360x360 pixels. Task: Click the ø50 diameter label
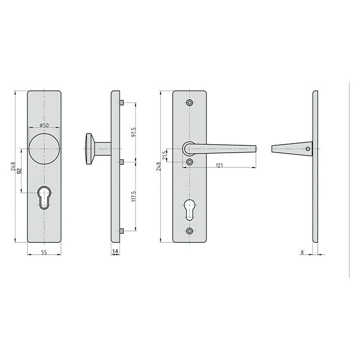click(44, 126)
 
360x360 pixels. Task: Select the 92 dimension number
click(20, 171)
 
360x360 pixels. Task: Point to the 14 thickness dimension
click(115, 252)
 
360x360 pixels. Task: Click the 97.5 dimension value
click(133, 132)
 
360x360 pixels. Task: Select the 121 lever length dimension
click(219, 166)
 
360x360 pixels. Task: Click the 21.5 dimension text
click(164, 155)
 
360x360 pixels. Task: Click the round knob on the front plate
click(44, 149)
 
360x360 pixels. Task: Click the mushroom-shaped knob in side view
click(90, 149)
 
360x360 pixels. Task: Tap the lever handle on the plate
click(220, 149)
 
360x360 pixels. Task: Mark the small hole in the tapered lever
click(308, 149)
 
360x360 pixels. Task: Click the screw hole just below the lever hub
click(189, 162)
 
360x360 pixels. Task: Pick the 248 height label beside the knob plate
click(12, 167)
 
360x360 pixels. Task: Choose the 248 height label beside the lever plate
click(159, 167)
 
